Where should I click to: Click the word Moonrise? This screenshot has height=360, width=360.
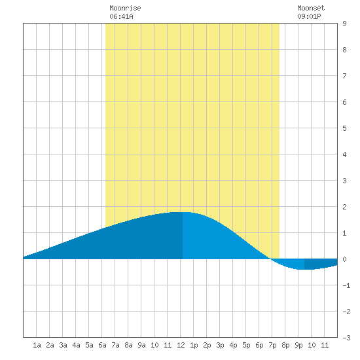click(125, 8)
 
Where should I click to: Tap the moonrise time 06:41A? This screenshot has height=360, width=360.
click(121, 16)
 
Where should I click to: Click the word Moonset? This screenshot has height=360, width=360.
click(311, 8)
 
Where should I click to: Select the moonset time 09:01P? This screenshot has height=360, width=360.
click(309, 16)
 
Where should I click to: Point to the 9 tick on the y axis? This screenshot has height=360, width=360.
click(344, 24)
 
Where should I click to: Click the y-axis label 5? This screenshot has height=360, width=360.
click(344, 128)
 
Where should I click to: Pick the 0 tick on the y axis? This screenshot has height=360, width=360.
click(344, 259)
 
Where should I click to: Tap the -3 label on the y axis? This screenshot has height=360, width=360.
click(346, 338)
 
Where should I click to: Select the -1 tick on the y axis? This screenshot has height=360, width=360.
click(346, 285)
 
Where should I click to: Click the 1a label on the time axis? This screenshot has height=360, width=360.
click(37, 345)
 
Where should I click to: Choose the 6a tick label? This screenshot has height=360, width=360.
click(102, 345)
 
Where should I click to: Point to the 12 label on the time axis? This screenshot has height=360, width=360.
click(181, 345)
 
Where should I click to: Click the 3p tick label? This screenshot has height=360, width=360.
click(220, 345)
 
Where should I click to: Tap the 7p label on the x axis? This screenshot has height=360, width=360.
click(272, 345)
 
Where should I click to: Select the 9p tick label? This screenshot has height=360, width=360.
click(298, 345)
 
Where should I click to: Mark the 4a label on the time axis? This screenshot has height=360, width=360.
click(76, 345)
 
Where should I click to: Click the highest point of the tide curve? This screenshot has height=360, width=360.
click(183, 212)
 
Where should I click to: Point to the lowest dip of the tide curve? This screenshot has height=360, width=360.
click(304, 269)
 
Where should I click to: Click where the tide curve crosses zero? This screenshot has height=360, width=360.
click(271, 259)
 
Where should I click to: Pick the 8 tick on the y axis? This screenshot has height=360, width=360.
click(344, 50)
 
